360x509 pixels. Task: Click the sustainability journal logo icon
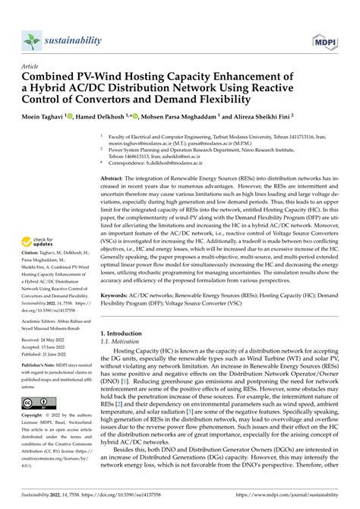tap(30, 19)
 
